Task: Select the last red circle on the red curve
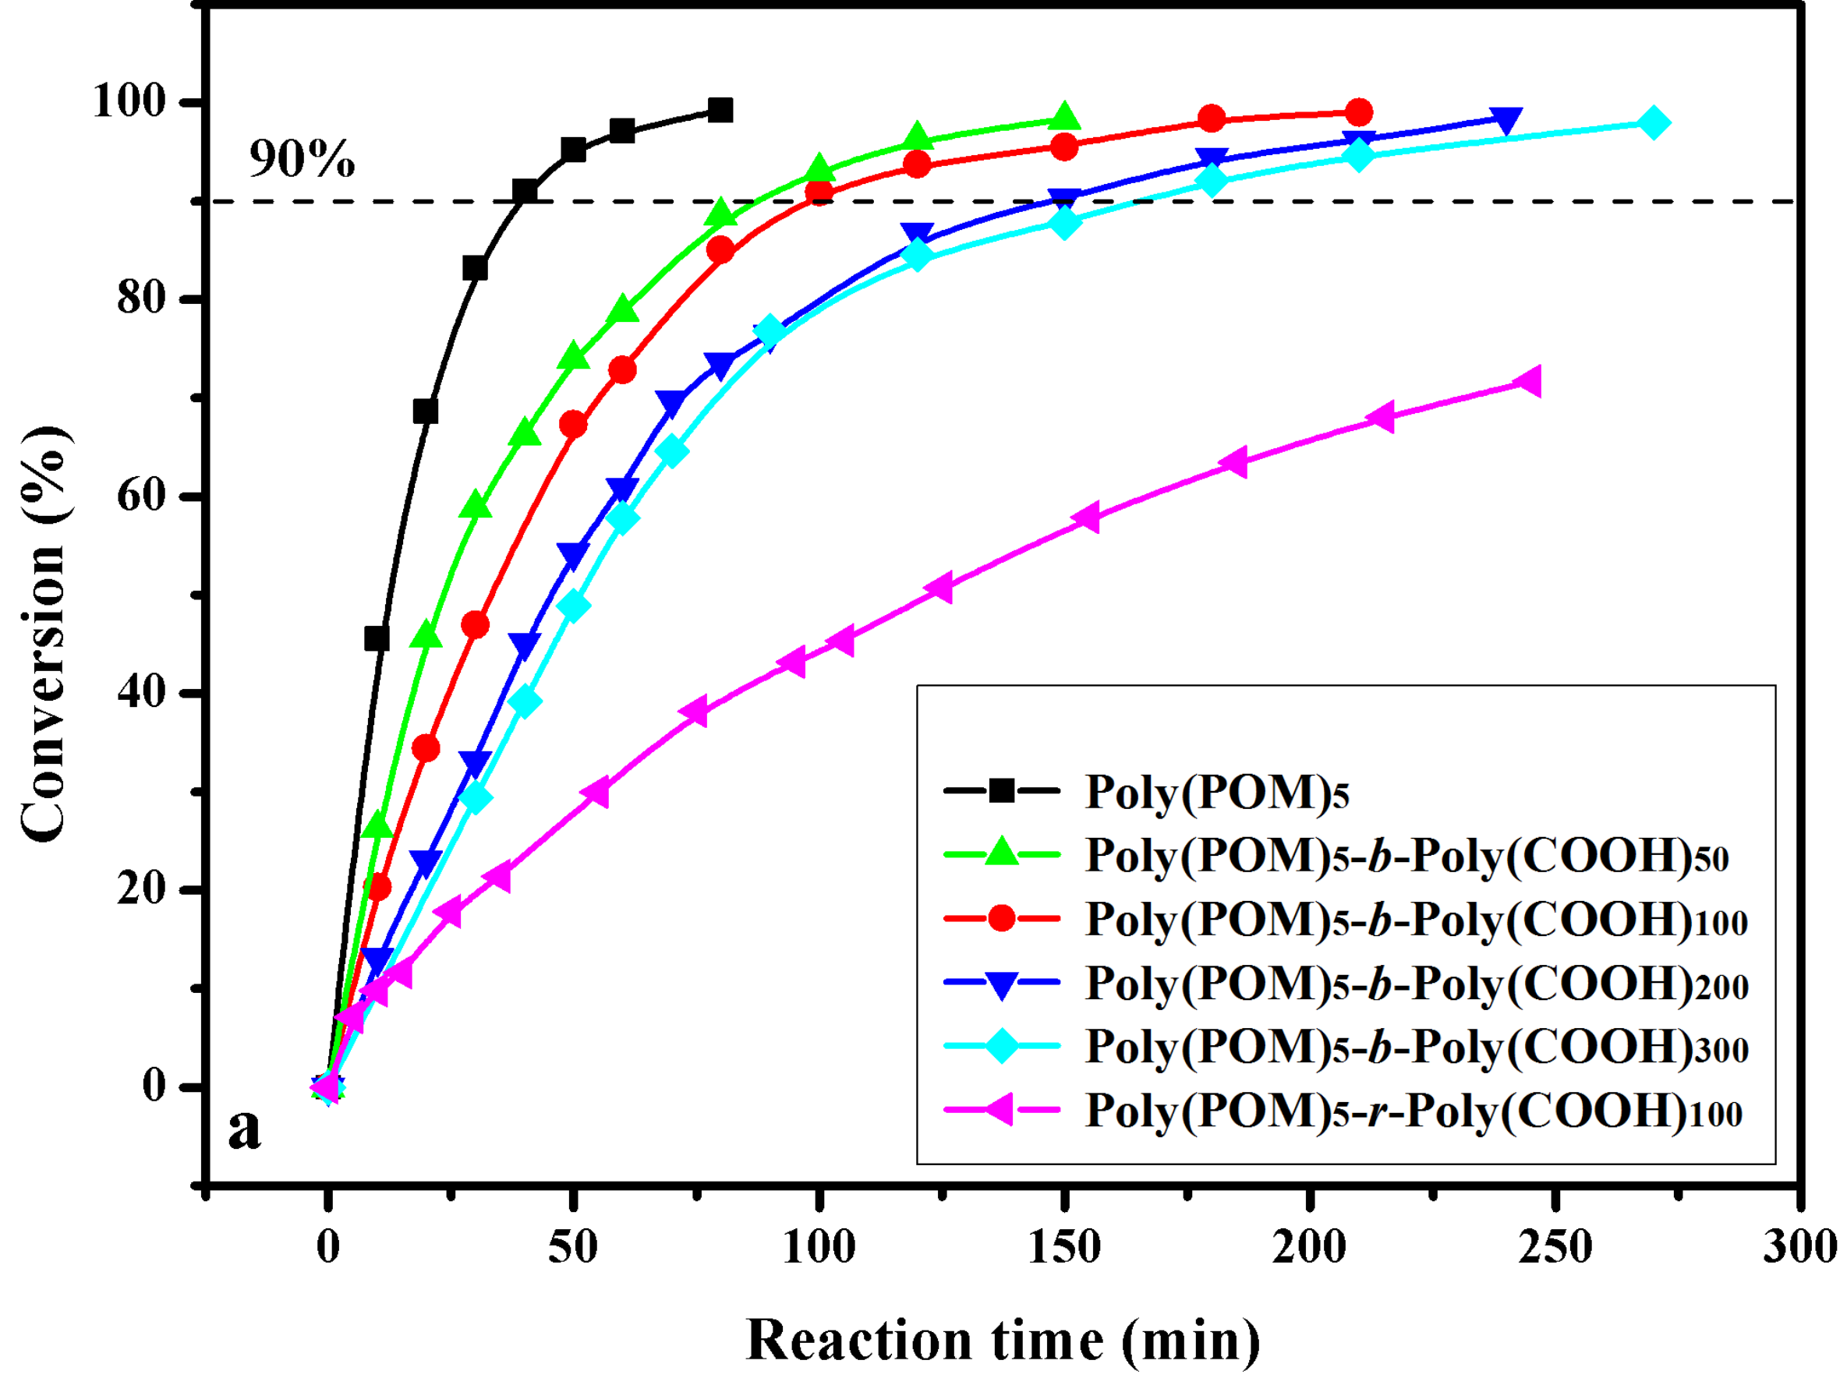(1359, 111)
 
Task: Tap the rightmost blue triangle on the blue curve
(1506, 120)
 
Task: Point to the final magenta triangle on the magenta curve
(1529, 382)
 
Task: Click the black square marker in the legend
(1001, 790)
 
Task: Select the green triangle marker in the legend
(1001, 853)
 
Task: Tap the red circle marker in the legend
(1001, 918)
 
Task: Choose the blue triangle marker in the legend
(1001, 984)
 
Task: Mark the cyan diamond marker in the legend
(1001, 1046)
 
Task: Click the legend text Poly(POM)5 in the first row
(1216, 792)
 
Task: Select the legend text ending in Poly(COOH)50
(1406, 856)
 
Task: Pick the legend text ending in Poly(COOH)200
(1417, 985)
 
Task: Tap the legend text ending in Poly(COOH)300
(1417, 1048)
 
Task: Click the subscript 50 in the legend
(1712, 860)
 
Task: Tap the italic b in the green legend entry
(1381, 856)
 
